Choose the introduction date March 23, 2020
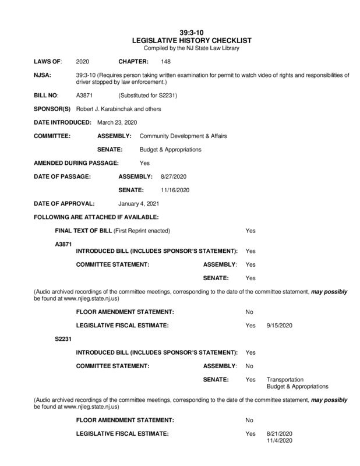(x=116, y=122)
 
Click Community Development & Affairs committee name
(x=183, y=136)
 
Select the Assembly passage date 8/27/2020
(x=173, y=176)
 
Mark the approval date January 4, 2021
(x=138, y=204)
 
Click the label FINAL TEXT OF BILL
(x=83, y=231)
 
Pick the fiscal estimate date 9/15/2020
(x=278, y=324)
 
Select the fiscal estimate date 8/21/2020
(x=278, y=434)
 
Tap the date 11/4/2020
(x=278, y=440)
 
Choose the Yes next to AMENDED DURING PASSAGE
(x=144, y=163)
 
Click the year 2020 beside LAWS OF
(x=83, y=61)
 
